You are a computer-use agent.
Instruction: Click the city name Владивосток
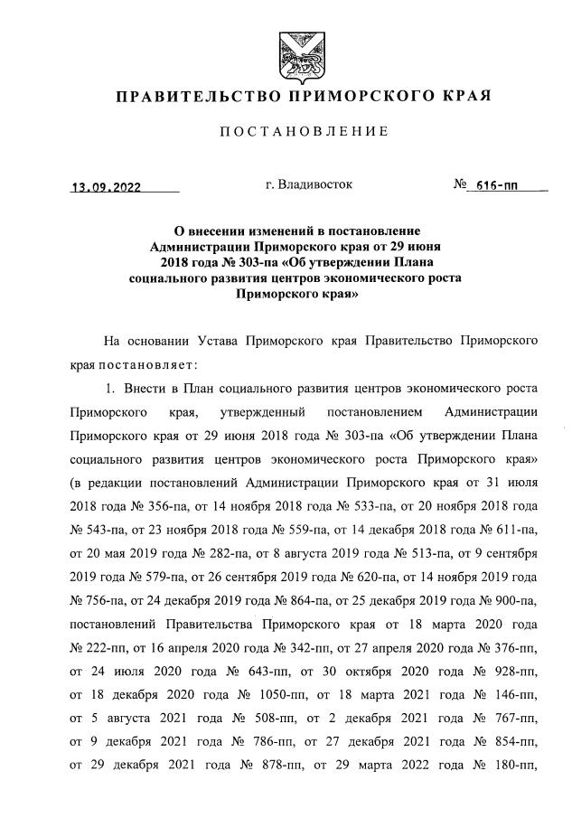point(309,185)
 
